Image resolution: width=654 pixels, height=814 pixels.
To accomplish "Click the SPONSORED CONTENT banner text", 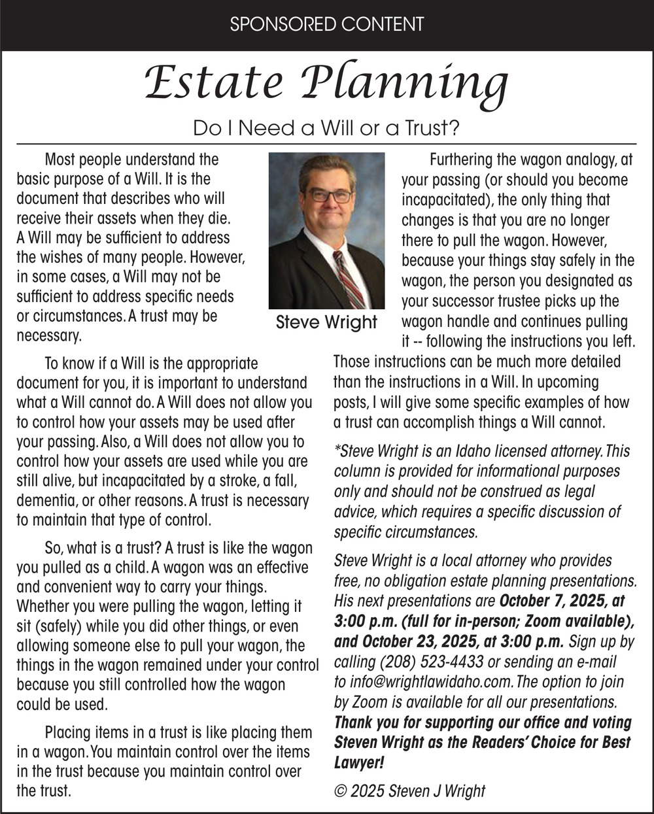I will [327, 25].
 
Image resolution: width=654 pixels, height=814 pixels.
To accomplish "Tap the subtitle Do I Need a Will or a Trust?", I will [326, 128].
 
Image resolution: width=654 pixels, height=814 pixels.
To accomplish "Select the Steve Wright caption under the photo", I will [326, 322].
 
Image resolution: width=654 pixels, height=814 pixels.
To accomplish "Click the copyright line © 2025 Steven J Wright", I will [409, 790].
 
